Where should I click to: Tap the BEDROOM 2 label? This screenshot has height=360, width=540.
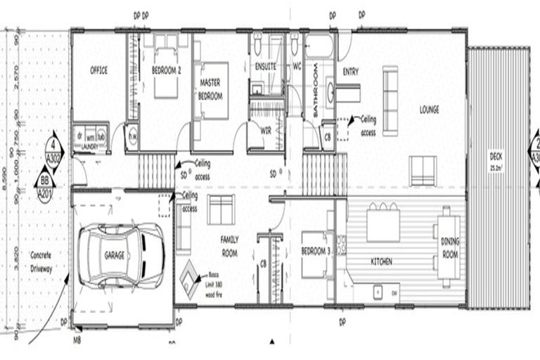coord(167,70)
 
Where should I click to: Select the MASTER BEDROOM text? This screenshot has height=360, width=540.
coord(210,89)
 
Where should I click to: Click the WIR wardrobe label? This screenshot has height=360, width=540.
coord(266,130)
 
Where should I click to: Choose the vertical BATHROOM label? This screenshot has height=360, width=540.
coord(316,99)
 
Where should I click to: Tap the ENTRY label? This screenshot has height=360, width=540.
coord(350,72)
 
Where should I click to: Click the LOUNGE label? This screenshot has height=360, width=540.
coord(429,109)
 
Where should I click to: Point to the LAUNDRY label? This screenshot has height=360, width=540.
coord(89,147)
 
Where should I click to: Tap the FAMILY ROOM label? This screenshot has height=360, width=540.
coord(230,246)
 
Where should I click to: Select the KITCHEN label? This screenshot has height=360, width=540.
coord(382,262)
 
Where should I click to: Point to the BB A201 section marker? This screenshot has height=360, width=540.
coord(44,189)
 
